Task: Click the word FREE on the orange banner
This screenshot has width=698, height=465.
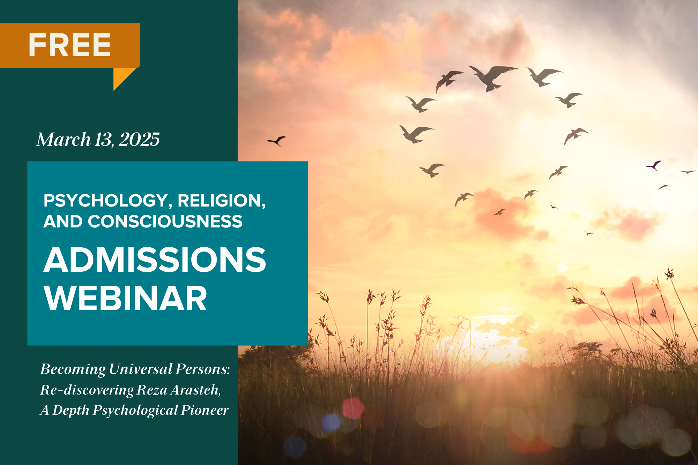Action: pos(69,45)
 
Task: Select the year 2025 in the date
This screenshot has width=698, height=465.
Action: pos(139,140)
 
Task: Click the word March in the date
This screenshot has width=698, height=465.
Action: pos(64,140)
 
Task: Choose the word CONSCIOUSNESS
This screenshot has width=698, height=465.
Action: pos(165,222)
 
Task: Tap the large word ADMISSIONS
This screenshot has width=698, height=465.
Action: pos(155,260)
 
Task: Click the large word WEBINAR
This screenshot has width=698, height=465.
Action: pos(125,298)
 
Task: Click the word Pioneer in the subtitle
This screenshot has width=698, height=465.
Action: pos(205,410)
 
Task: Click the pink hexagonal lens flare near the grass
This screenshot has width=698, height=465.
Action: pos(353,408)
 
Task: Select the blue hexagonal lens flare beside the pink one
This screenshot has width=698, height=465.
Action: pos(332,422)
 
